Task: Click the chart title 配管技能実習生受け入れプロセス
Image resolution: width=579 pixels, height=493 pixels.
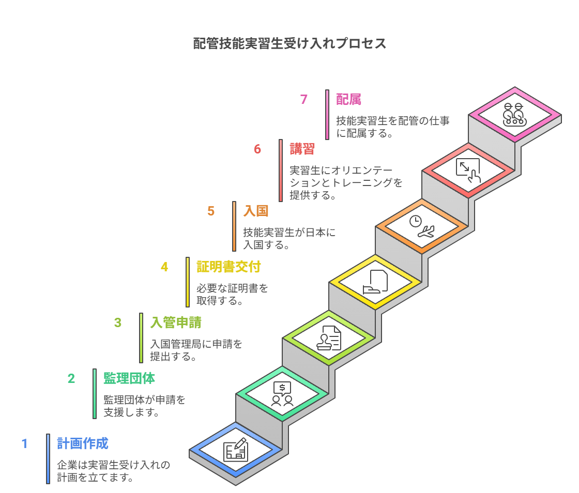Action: click(x=289, y=43)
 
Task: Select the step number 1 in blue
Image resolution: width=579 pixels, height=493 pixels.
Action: click(x=24, y=443)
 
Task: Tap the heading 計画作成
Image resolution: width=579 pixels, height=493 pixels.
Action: click(x=83, y=443)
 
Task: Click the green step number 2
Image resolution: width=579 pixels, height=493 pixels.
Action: click(x=71, y=378)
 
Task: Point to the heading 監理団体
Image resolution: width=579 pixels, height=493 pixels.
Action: click(x=129, y=378)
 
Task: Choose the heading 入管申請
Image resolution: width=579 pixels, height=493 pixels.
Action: click(x=176, y=322)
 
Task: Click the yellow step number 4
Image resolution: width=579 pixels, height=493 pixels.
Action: click(x=164, y=267)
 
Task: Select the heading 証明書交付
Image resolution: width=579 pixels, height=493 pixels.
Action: click(x=228, y=267)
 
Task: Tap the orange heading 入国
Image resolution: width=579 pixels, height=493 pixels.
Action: click(x=256, y=211)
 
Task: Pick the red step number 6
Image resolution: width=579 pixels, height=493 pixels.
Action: click(x=257, y=149)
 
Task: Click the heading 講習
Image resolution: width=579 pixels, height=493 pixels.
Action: click(x=302, y=149)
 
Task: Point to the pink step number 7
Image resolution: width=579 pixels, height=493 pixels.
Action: click(x=304, y=99)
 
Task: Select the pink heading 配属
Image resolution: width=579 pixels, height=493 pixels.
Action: click(x=348, y=99)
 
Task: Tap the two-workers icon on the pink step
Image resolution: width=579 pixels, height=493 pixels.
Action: click(x=514, y=115)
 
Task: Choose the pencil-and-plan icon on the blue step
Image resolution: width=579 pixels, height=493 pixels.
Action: click(x=236, y=450)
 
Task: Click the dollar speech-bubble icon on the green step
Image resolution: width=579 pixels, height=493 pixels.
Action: click(x=282, y=394)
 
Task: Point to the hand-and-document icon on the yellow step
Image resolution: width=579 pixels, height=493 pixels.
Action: click(x=375, y=282)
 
